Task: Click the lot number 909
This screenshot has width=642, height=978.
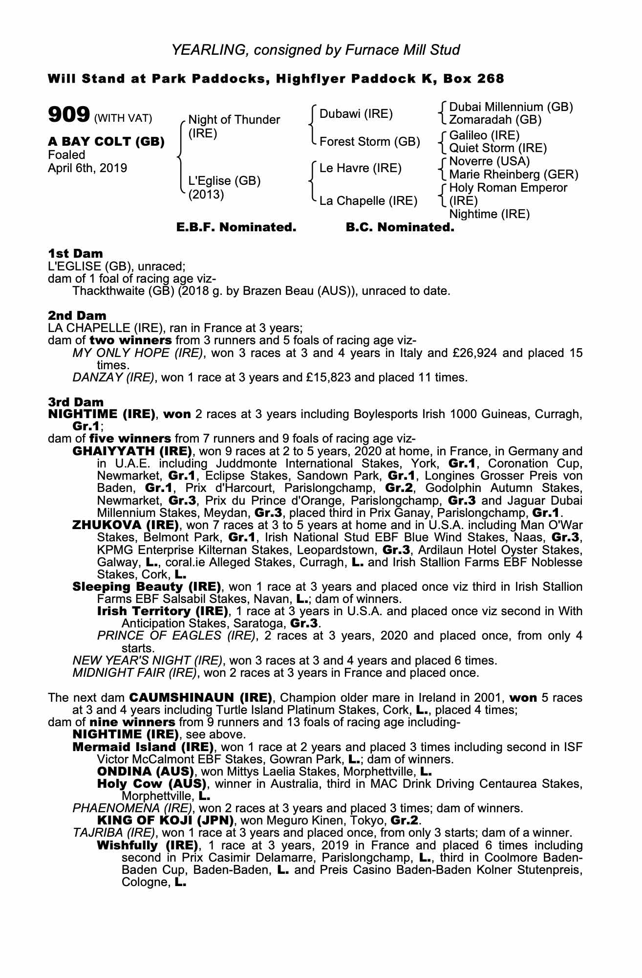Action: point(68,115)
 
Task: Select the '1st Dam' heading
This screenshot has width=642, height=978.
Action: point(75,253)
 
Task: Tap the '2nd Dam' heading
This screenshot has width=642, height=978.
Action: point(77,315)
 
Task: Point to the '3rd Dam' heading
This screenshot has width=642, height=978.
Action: point(76,402)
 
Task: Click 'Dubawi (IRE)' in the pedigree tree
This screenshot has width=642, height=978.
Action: point(356,114)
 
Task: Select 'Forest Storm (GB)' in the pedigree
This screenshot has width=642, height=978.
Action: point(369,142)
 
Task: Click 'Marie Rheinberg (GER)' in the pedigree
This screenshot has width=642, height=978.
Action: point(514,175)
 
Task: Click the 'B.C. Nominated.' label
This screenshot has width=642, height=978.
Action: point(400,227)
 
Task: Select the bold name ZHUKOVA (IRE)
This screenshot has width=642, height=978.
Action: point(125,525)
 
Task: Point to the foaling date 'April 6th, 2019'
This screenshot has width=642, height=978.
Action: point(87,168)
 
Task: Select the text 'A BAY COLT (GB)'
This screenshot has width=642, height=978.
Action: point(106,142)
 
